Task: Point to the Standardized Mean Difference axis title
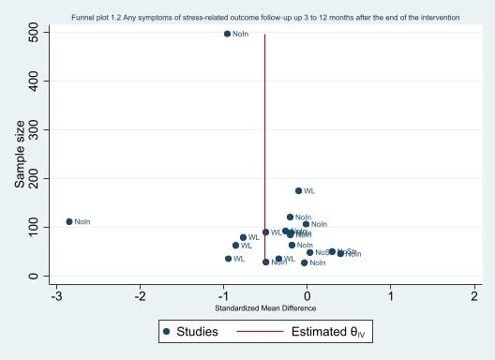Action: click(x=265, y=309)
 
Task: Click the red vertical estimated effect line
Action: click(x=265, y=141)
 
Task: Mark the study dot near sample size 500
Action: click(x=227, y=34)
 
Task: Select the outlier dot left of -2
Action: click(x=68, y=221)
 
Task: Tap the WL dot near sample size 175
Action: click(x=298, y=190)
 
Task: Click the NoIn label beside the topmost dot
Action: click(x=241, y=34)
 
